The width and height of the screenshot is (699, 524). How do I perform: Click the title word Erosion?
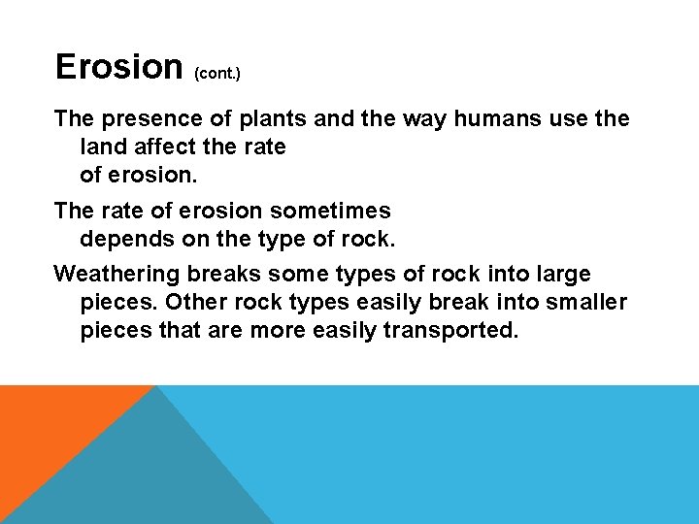118,66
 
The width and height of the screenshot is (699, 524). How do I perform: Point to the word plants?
254,119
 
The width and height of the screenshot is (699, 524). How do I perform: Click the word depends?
119,238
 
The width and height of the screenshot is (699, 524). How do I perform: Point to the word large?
561,275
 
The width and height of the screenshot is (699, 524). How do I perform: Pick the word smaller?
584,302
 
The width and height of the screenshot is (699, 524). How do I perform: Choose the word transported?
451,329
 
